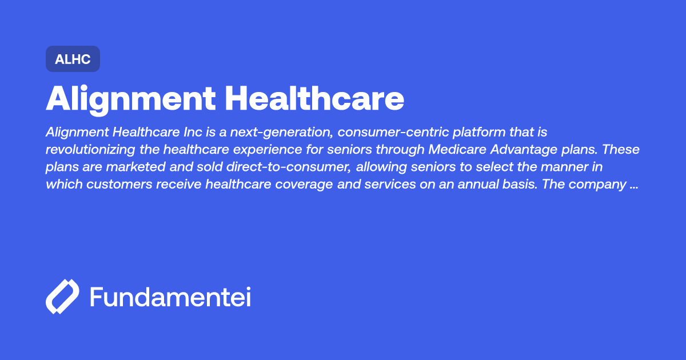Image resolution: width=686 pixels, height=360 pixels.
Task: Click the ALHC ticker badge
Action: pyautogui.click(x=73, y=59)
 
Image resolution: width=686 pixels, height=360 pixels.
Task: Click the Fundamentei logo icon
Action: pyautogui.click(x=62, y=297)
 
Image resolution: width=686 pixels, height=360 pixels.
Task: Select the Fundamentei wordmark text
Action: pyautogui.click(x=170, y=297)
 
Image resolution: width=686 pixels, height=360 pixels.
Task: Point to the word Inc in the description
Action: pyautogui.click(x=193, y=132)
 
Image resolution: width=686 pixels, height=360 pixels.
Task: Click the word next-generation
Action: pyautogui.click(x=281, y=133)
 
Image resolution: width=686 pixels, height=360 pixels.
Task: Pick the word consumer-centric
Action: pyautogui.click(x=393, y=132)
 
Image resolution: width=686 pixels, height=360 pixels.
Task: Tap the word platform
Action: pyautogui.click(x=479, y=133)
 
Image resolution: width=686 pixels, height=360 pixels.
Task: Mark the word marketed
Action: pyautogui.click(x=135, y=167)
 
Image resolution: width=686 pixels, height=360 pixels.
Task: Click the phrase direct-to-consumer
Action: pyautogui.click(x=289, y=167)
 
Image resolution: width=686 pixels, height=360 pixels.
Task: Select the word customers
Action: pyautogui.click(x=119, y=185)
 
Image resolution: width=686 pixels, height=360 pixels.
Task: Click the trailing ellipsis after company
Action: pyautogui.click(x=634, y=187)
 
